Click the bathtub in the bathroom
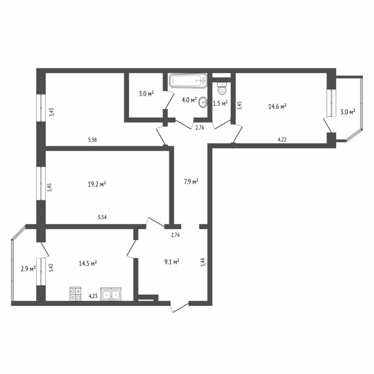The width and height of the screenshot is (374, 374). [x=188, y=81]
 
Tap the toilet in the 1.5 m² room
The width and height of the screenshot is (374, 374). [x=222, y=88]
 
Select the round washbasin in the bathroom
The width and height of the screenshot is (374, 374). [x=203, y=102]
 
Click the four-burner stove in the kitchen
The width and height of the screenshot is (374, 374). [x=75, y=293]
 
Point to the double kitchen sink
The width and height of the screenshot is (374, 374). [x=111, y=294]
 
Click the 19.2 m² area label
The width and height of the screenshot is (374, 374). [x=97, y=184]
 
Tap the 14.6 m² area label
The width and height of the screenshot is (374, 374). [x=277, y=106]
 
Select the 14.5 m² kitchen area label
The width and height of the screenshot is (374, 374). [x=88, y=263]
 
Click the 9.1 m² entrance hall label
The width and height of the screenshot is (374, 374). [x=172, y=262]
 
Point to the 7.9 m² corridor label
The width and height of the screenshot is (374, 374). [x=191, y=182]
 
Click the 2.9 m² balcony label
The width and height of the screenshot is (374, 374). [x=28, y=269]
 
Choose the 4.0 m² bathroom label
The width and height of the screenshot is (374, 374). [x=189, y=100]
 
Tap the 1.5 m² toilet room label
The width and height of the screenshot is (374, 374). [x=220, y=103]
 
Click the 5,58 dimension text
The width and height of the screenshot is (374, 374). [x=93, y=140]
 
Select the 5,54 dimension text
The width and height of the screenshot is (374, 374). [x=102, y=217]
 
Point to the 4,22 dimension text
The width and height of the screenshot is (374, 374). [x=282, y=139]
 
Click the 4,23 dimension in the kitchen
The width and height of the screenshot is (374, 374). [x=93, y=296]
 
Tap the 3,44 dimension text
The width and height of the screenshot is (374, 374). [x=203, y=262]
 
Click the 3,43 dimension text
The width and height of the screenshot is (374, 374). [x=52, y=112]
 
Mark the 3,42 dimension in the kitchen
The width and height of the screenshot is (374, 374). [x=51, y=268]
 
